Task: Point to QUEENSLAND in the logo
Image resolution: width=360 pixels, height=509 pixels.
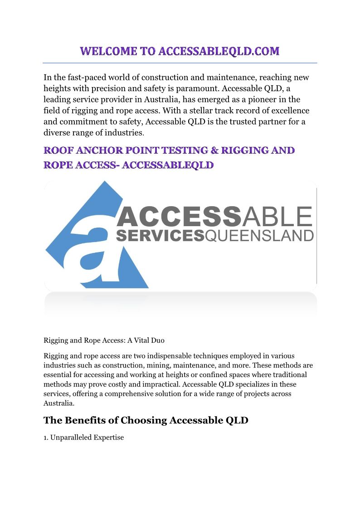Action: coord(259,236)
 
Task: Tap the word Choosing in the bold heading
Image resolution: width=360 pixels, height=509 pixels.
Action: coord(143,420)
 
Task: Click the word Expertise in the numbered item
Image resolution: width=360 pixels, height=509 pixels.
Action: coord(109,437)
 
